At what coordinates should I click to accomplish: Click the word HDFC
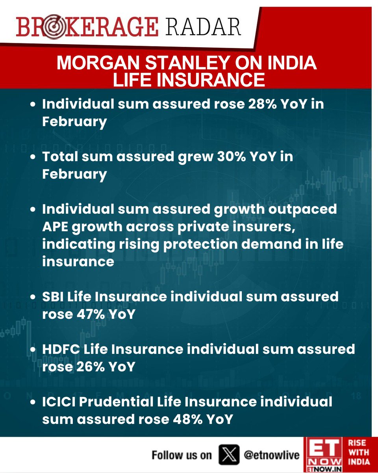(61, 349)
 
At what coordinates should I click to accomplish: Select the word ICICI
(58, 402)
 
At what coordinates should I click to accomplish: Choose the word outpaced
(305, 209)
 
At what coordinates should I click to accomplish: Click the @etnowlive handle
(272, 455)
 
